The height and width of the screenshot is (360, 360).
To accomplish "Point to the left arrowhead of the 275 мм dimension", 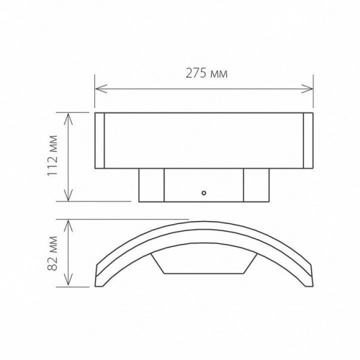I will [x=99, y=89].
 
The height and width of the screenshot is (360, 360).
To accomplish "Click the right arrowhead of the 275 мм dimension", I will [x=310, y=89].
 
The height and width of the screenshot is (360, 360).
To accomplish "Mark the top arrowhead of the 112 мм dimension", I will [x=68, y=116].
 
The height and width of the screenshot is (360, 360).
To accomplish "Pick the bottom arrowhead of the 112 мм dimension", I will [x=68, y=197].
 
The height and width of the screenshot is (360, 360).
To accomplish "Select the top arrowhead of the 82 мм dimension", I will [x=68, y=223].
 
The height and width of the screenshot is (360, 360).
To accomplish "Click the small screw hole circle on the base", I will [x=204, y=194].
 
